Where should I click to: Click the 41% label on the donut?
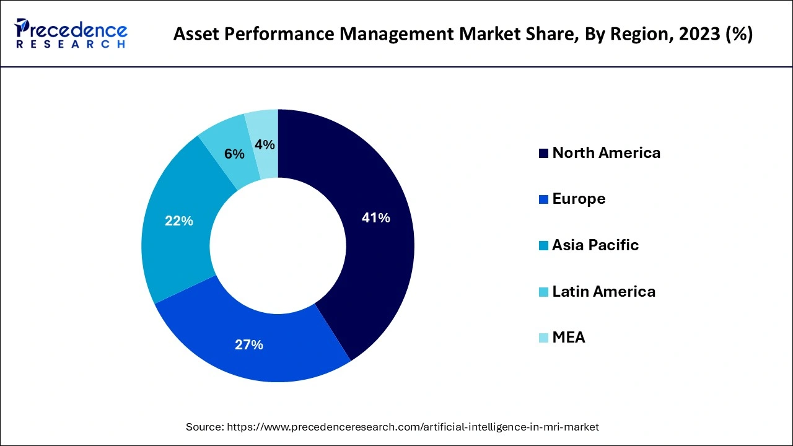[375, 218]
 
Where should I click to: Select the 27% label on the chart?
[249, 345]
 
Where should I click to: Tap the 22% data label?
[179, 221]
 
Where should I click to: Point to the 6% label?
[234, 154]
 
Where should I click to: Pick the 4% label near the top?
[265, 144]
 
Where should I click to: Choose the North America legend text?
[606, 153]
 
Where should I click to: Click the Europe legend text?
[579, 199]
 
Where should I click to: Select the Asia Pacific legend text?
[595, 245]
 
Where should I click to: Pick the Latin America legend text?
[603, 291]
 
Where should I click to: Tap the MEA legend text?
[568, 338]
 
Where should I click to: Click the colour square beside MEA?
[543, 338]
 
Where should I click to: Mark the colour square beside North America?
[543, 154]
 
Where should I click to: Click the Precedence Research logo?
[71, 33]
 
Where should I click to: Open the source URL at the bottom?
[413, 427]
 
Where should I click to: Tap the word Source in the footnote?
[204, 427]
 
